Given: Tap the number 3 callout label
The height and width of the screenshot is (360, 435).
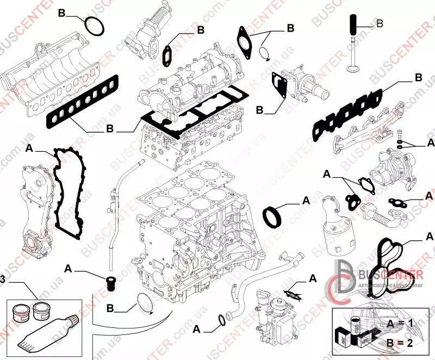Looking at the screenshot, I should (3, 279).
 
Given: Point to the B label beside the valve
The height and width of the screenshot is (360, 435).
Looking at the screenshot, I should (380, 23).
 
